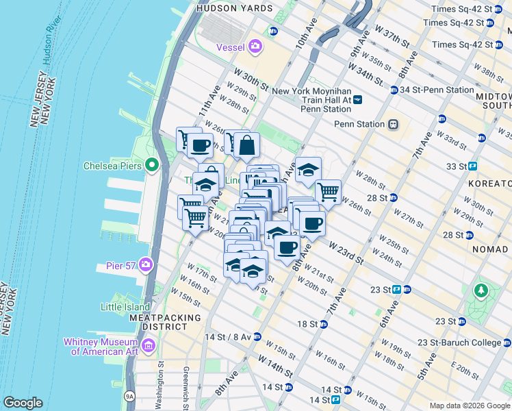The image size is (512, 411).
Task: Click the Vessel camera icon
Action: (x=255, y=47)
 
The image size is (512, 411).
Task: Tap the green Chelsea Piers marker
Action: (x=153, y=166)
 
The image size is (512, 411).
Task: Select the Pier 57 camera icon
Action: (x=146, y=264)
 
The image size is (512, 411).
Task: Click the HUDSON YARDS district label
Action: (x=234, y=8)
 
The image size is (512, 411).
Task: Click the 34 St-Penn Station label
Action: (x=437, y=90)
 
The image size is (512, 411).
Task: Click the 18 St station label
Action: (x=307, y=323)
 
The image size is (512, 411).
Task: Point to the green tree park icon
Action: (x=482, y=290)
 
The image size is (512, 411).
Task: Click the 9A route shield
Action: (x=129, y=395)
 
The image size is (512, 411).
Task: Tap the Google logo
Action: (x=23, y=403)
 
